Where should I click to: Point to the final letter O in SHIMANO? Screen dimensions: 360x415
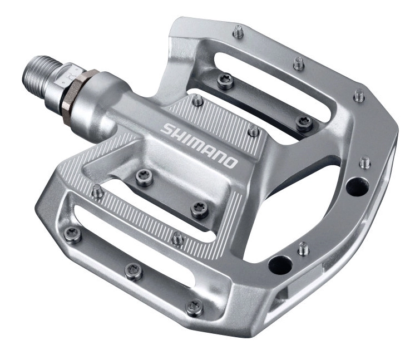point(230,163)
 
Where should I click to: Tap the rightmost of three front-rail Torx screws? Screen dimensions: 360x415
point(195,305)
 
